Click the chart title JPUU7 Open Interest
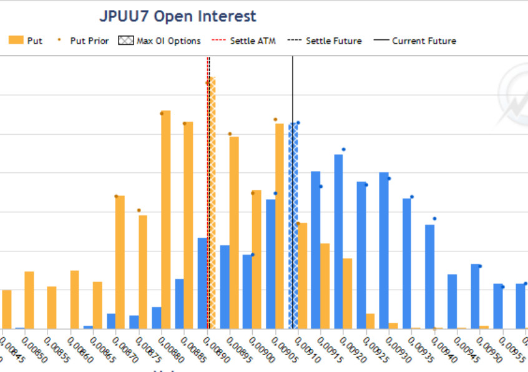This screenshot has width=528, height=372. coord(178,16)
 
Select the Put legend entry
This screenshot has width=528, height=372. coord(26,41)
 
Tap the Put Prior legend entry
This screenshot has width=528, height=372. coord(84,41)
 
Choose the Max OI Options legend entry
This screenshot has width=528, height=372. coord(160,41)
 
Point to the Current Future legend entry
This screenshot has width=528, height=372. coord(415,41)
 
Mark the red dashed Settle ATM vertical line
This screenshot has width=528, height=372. coord(208,187)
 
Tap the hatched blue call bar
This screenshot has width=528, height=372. coord(293,225)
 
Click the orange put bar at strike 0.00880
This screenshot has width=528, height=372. coord(165,218)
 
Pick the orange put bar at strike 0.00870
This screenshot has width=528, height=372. coord(120,262)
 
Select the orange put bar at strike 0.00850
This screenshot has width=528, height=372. coord(29,300)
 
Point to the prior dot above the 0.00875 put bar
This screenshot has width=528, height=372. coord(139,210)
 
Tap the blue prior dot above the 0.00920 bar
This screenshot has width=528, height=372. coord(343,149)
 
